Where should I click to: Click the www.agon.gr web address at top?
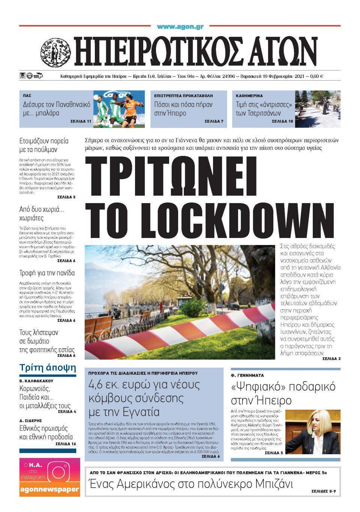point(180,27)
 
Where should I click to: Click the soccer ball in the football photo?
point(96,97)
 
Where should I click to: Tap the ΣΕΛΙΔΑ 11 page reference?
point(81,121)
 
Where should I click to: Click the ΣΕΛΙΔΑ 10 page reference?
point(282,121)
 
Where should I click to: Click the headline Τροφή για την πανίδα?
point(47,273)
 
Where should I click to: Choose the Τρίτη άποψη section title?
point(48,367)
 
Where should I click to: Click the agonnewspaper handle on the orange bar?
point(49,489)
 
